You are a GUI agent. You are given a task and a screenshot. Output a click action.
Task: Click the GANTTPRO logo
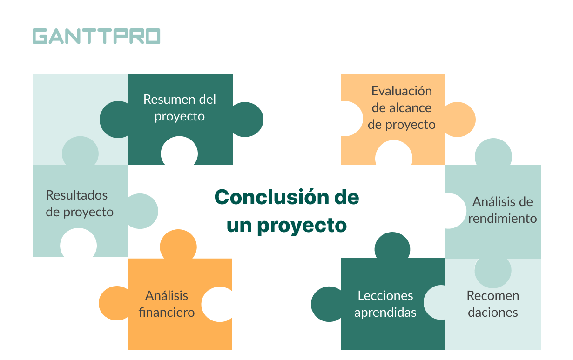tap(96, 36)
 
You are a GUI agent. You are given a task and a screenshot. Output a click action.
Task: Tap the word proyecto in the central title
tap(302, 226)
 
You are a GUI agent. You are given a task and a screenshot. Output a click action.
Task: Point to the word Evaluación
tap(402, 91)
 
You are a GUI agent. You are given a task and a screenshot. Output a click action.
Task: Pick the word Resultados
tap(77, 195)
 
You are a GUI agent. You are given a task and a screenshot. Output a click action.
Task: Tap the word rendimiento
tap(502, 219)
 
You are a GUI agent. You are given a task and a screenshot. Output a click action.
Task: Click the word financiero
tap(167, 313)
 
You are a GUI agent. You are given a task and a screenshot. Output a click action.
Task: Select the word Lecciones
tap(385, 296)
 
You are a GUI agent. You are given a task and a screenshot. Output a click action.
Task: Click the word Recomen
tap(492, 296)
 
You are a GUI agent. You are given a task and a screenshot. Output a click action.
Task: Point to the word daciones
tap(492, 313)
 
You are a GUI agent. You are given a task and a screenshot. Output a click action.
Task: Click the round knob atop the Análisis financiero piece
tap(178, 245)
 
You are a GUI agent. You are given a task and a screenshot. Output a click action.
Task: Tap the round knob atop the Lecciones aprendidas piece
tap(392, 246)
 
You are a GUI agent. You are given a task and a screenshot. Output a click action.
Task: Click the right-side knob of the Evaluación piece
tap(460, 120)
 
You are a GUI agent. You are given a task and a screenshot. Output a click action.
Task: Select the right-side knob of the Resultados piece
tap(142, 211)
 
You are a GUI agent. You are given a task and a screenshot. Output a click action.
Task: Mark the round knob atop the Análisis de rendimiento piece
tap(493, 153)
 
